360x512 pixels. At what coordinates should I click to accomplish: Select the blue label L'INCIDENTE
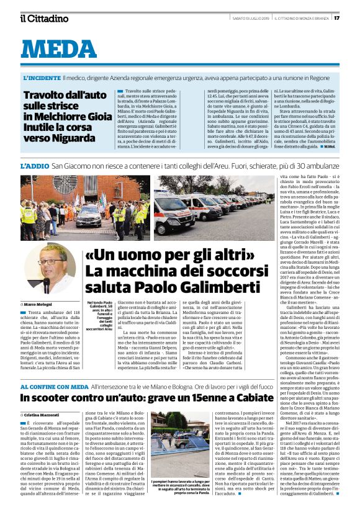tap(42, 79)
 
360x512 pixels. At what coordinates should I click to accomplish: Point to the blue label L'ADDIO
tap(34, 167)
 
